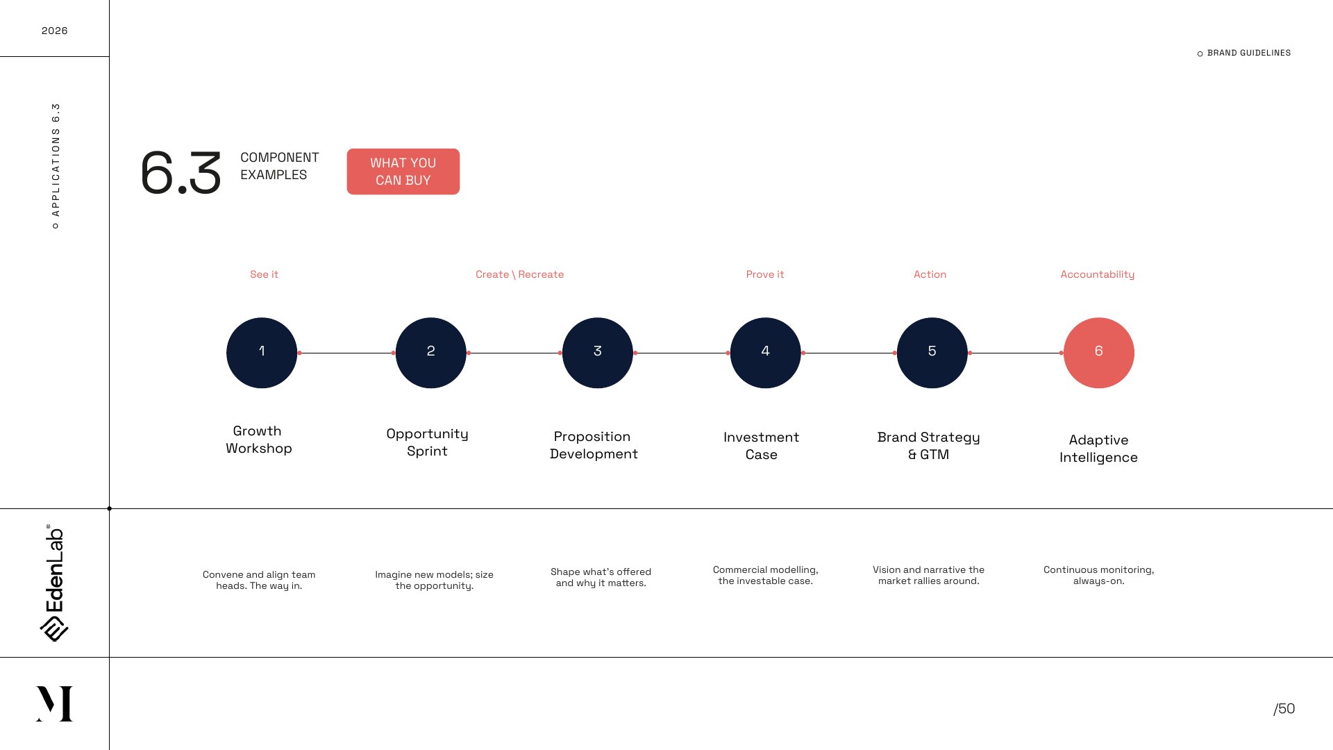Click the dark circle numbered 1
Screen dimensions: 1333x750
[262, 353]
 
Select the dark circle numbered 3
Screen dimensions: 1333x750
[598, 353]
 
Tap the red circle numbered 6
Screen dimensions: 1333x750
[1099, 353]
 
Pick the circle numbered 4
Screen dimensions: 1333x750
[766, 353]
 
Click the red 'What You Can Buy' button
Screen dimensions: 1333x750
[403, 172]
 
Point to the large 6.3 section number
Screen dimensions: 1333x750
[181, 172]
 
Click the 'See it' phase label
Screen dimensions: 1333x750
[264, 274]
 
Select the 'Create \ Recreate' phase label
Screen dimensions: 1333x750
[520, 274]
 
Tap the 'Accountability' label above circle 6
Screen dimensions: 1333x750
[1098, 275]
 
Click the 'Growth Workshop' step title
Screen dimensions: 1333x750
[258, 440]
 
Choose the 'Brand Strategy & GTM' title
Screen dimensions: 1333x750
[929, 446]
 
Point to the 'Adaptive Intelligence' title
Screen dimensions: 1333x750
[1098, 449]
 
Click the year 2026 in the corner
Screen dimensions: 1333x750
[54, 31]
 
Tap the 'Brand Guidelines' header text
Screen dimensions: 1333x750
[1249, 53]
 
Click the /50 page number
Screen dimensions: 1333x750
[1284, 708]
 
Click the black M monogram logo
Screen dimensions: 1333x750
[54, 703]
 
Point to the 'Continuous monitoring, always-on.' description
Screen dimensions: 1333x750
[1099, 575]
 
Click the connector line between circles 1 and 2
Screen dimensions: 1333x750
[346, 353]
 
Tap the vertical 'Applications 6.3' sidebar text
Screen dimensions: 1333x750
[56, 165]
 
